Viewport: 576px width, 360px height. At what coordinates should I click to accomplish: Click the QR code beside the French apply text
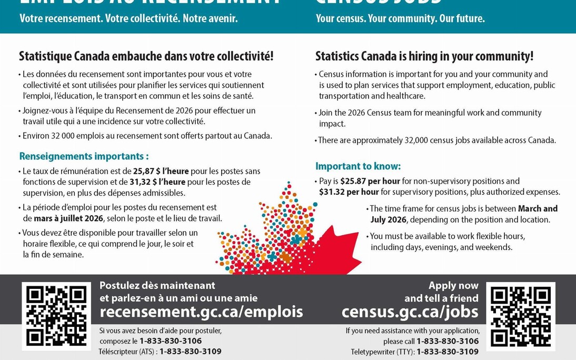pyautogui.click(x=56, y=316)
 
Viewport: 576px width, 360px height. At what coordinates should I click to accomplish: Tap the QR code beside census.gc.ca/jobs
pyautogui.click(x=520, y=316)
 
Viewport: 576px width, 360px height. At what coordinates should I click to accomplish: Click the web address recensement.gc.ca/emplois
pyautogui.click(x=201, y=312)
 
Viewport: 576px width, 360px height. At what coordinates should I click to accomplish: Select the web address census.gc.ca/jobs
pyautogui.click(x=410, y=312)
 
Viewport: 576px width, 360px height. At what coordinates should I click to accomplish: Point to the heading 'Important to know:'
pyautogui.click(x=358, y=166)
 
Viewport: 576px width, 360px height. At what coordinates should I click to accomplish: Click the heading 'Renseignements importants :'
pyautogui.click(x=84, y=156)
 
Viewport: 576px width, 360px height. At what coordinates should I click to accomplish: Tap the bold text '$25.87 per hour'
pyautogui.click(x=370, y=181)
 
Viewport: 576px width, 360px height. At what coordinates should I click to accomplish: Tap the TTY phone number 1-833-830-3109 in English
pyautogui.click(x=448, y=352)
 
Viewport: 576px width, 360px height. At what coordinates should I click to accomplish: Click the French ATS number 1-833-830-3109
pyautogui.click(x=191, y=352)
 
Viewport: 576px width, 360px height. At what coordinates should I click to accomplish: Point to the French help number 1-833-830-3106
pyautogui.click(x=171, y=341)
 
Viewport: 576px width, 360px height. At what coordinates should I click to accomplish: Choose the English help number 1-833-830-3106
pyautogui.click(x=448, y=341)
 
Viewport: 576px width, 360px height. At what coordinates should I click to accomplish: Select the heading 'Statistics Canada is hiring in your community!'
pyautogui.click(x=424, y=56)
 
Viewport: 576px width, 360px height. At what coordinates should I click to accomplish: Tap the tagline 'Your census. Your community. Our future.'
pyautogui.click(x=400, y=18)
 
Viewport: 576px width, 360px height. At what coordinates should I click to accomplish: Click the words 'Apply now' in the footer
pyautogui.click(x=453, y=286)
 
